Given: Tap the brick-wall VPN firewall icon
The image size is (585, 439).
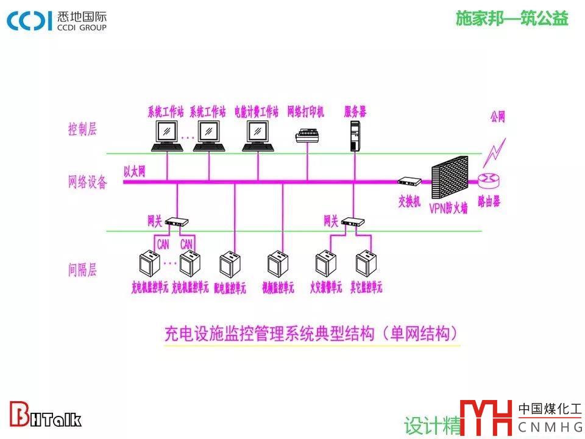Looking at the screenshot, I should coord(449,181).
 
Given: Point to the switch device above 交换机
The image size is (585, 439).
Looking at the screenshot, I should coord(409,181).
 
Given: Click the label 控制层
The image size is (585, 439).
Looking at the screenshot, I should coord(82,129).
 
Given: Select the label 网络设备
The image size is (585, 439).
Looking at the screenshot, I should coord(87,182).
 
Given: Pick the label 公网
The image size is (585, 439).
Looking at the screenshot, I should coord(498,118).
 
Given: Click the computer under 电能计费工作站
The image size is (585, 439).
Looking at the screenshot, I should coord(258,135).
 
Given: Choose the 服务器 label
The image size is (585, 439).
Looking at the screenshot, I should coord(355,112).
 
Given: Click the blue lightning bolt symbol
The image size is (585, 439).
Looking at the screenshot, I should coord(494,152).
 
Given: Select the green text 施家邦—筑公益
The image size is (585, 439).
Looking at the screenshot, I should coord(512,19).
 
